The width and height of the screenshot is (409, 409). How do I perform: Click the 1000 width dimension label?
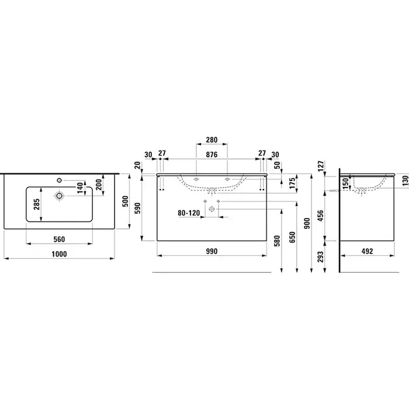59,254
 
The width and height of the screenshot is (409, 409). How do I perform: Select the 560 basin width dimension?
59,239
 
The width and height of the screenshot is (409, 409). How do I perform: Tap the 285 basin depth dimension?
36,204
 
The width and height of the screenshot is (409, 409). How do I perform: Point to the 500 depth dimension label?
126,202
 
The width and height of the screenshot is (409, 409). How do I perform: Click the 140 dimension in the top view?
81,188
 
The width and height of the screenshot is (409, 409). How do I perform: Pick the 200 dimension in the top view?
99,185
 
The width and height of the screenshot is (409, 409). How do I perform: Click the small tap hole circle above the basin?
59,180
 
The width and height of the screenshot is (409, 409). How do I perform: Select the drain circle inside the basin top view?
60,195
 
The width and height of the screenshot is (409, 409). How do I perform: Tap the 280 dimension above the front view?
212,140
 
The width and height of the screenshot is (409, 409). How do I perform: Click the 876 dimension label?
212,154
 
